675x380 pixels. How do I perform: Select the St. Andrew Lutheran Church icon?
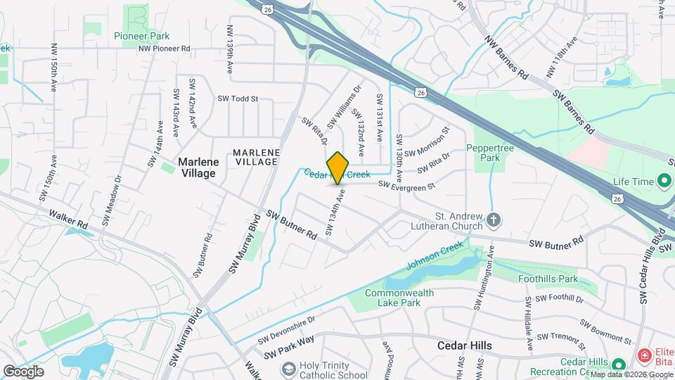(494, 220)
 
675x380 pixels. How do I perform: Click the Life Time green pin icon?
(664, 182)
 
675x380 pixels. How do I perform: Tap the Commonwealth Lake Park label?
(399, 298)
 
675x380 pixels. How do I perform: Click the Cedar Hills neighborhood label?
(464, 346)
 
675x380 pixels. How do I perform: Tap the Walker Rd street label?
(68, 218)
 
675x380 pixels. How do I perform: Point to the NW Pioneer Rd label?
(165, 49)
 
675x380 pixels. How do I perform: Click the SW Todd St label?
(238, 99)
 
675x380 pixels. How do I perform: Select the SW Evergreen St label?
(407, 185)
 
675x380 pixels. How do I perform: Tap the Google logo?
(23, 371)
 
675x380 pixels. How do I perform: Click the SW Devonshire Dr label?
(286, 329)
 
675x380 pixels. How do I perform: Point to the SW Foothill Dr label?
(560, 298)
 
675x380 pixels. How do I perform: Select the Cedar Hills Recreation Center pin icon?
(618, 365)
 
